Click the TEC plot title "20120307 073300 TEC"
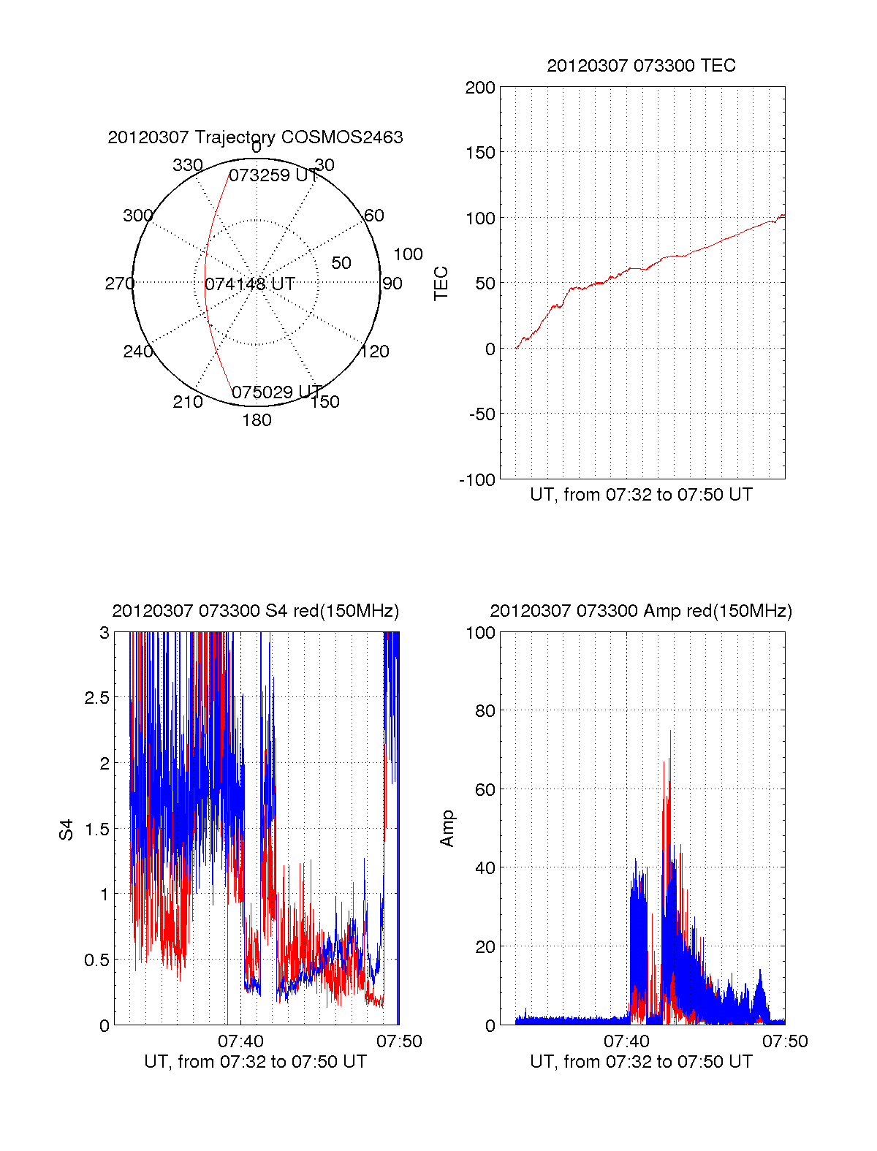[x=641, y=66]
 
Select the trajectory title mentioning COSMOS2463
[x=255, y=137]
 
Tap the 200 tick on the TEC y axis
[x=480, y=88]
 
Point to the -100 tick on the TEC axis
[x=477, y=480]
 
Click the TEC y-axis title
[x=441, y=283]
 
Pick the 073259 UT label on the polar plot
[x=273, y=175]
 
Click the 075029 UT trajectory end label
[x=276, y=392]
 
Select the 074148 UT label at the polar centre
[x=250, y=284]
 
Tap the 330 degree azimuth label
[x=187, y=165]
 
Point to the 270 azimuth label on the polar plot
[x=119, y=284]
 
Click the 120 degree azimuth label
[x=374, y=352]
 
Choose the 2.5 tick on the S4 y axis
[x=96, y=698]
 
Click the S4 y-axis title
[x=67, y=829]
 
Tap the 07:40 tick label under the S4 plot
[x=240, y=1041]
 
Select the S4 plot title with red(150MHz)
[x=255, y=611]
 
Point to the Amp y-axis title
[x=447, y=829]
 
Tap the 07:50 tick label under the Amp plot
[x=785, y=1041]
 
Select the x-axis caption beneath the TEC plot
[x=641, y=495]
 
